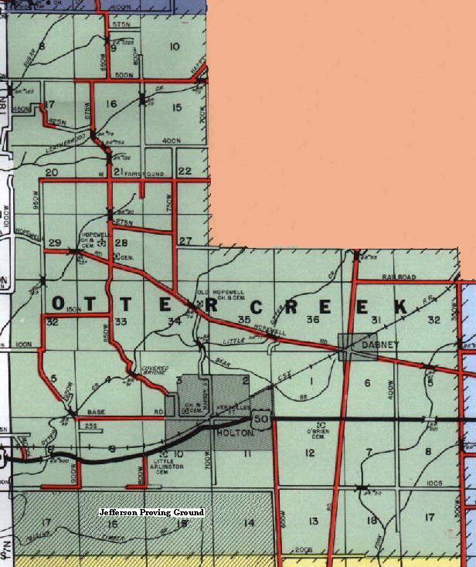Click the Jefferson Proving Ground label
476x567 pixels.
click(x=151, y=512)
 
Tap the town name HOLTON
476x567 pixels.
click(x=221, y=434)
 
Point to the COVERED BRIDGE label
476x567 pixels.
click(x=154, y=372)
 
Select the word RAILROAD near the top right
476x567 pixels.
click(x=399, y=277)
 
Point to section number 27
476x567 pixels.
click(x=185, y=242)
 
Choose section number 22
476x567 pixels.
click(x=185, y=171)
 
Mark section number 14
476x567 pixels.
click(x=249, y=523)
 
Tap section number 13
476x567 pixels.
click(x=312, y=521)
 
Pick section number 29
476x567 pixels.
click(x=54, y=243)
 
